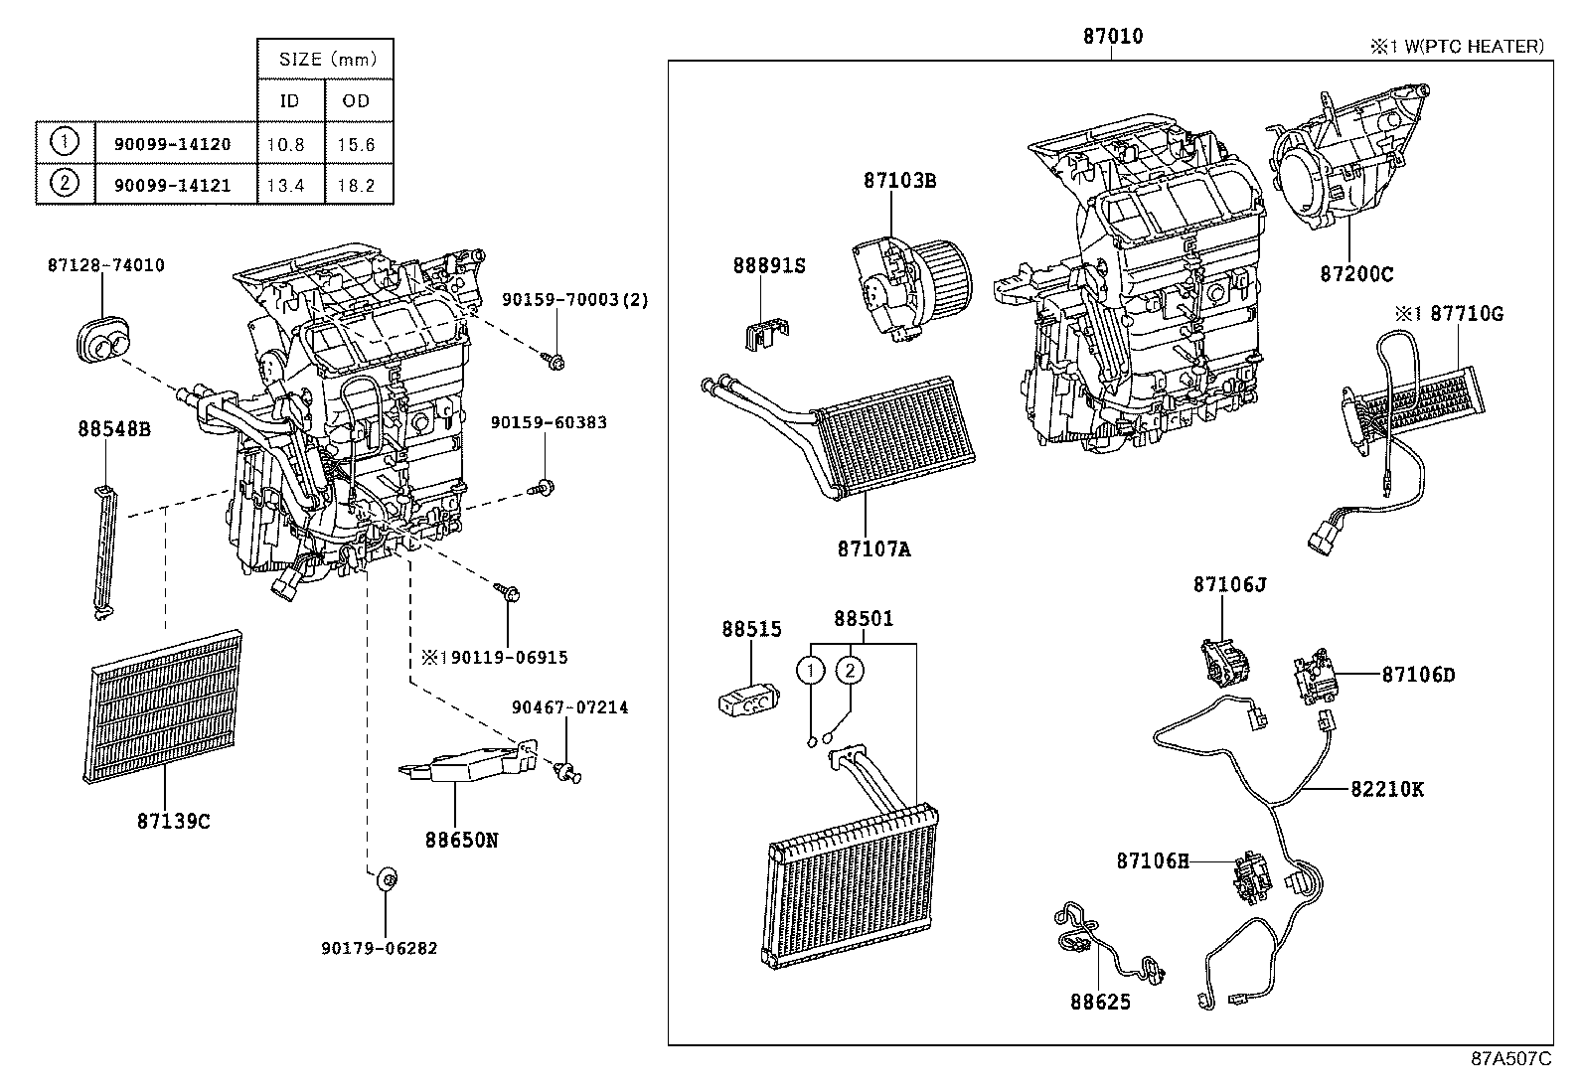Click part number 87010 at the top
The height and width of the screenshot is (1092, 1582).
tap(1112, 37)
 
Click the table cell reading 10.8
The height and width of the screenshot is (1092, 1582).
tap(285, 144)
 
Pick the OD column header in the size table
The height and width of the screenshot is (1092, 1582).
tap(355, 100)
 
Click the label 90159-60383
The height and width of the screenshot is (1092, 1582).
tap(548, 422)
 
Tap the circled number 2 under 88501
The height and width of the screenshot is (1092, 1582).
tap(851, 671)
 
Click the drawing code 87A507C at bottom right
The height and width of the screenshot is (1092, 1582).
tap(1510, 1058)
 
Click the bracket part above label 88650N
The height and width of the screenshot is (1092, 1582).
tap(467, 763)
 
